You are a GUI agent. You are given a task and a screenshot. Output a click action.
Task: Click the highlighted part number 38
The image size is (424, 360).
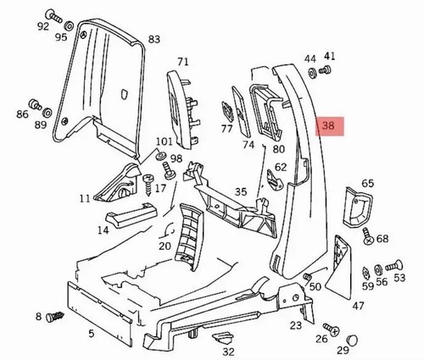tap(328, 125)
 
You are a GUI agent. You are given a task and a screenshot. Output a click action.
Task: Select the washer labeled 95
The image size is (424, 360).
tap(69, 26)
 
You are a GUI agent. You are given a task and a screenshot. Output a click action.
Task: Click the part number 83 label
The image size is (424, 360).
tap(154, 39)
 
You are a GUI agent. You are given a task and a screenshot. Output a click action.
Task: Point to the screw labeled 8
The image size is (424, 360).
tap(55, 316)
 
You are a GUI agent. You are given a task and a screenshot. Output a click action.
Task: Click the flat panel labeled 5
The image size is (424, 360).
tap(99, 312)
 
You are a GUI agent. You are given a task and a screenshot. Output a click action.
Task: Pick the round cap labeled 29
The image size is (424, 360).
tap(352, 340)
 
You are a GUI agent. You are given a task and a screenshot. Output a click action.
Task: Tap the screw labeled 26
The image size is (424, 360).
tap(332, 330)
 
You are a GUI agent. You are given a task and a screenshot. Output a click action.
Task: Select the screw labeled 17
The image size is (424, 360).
tap(148, 184)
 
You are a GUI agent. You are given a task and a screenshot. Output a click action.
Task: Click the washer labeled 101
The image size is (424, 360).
tap(161, 156)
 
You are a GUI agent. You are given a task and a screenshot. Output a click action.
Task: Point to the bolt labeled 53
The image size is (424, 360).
tap(394, 265)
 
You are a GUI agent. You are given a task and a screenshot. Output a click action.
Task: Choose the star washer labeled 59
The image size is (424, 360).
tap(365, 273)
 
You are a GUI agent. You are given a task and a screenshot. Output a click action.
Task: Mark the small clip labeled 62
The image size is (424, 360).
tap(276, 180)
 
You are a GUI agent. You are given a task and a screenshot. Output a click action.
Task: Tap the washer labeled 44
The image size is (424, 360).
tap(313, 74)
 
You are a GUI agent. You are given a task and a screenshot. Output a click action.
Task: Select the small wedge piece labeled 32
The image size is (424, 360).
tap(223, 338)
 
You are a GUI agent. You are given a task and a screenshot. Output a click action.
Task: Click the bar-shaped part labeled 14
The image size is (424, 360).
tap(131, 215)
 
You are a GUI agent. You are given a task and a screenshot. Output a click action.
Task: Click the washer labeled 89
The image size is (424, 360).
tap(47, 113)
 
